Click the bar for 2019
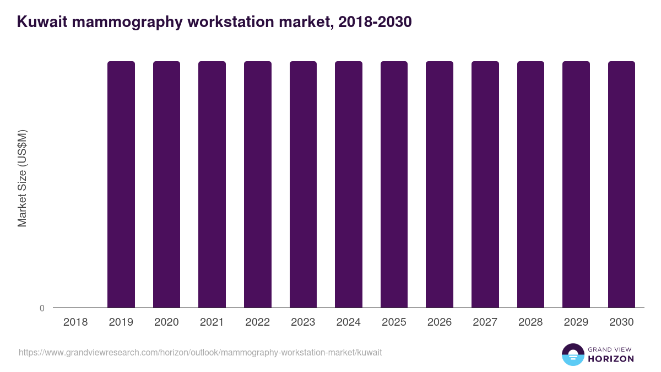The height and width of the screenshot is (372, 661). coord(121,184)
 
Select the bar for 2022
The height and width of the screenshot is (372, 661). coord(258,184)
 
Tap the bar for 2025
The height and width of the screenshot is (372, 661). coord(394,184)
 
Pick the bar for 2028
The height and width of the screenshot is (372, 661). coord(530,184)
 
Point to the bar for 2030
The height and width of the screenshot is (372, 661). coord(621,184)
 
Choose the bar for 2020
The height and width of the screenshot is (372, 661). coord(166,184)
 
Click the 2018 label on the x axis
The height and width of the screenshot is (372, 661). coord(75,322)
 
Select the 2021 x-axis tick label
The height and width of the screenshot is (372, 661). coord(212,322)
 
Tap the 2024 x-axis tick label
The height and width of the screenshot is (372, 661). coord(349,322)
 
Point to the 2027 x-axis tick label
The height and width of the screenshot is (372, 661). coord(485,322)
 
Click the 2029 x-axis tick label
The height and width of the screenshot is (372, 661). coord(576,322)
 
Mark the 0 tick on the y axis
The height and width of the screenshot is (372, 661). coord(42,308)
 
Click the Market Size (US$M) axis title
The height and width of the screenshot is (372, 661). coord(22,179)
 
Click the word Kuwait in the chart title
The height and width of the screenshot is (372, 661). coord(42,22)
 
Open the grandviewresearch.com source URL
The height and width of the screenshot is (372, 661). coord(200,352)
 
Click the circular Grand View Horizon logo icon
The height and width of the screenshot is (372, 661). coord(572,354)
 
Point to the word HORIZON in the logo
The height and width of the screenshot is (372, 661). coord(610,359)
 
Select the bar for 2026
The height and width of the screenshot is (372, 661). coord(440,184)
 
